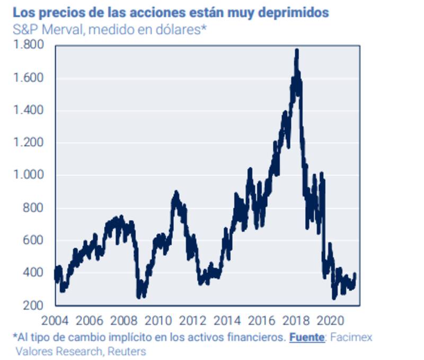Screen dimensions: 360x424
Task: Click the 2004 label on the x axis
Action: pos(55,320)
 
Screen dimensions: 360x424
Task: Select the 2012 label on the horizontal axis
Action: pos(192,320)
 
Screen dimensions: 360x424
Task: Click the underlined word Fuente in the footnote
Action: pos(307,337)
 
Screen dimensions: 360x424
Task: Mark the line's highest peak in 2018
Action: pos(297,50)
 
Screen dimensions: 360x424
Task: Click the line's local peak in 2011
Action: pos(176,193)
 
